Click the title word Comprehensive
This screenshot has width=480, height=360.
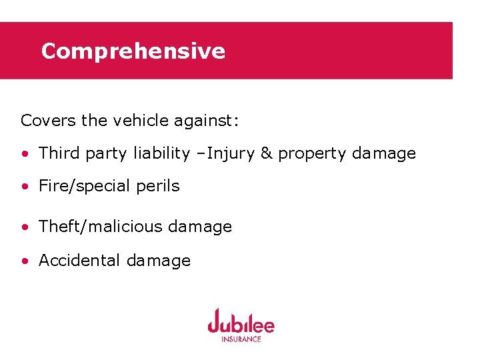point(133,51)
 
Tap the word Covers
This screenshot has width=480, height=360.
point(48,121)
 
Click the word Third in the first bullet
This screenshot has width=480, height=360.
point(58,153)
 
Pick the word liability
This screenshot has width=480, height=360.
point(161,153)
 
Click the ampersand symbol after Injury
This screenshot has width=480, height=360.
point(267,153)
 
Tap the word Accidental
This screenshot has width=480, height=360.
point(79,261)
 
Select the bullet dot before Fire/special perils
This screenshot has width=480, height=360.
point(25,187)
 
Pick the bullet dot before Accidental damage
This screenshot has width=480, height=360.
point(25,261)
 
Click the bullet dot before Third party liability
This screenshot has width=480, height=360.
point(25,154)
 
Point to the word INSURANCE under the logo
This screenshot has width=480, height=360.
point(241,339)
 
